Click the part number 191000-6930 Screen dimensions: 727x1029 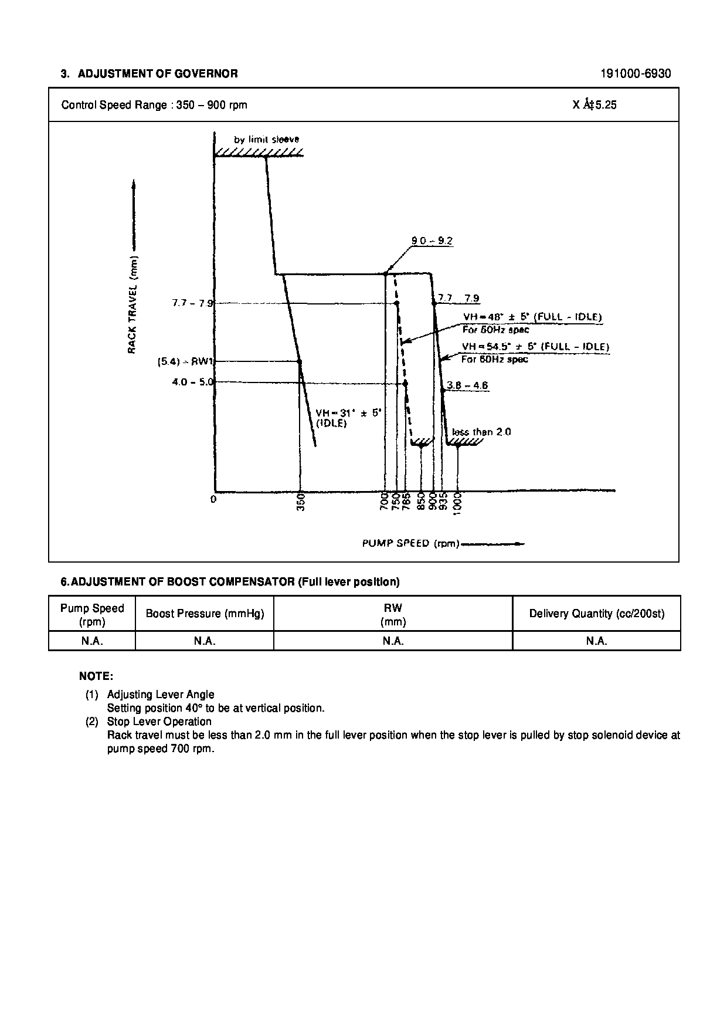click(x=636, y=74)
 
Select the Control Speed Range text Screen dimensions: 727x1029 click(x=154, y=105)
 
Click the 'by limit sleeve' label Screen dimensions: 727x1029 click(x=267, y=140)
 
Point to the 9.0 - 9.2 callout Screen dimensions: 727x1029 click(x=432, y=241)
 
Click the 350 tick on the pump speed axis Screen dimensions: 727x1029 click(x=301, y=503)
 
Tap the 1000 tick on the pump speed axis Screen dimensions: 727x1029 click(x=458, y=503)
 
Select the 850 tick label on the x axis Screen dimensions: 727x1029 click(x=421, y=503)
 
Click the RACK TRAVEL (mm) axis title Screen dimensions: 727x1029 click(x=133, y=304)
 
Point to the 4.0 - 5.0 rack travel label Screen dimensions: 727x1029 click(x=192, y=382)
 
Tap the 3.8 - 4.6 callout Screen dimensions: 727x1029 click(x=467, y=385)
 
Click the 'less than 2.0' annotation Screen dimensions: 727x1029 click(x=481, y=432)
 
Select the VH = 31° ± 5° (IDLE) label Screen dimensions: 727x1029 click(x=349, y=418)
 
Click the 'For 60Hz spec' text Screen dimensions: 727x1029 click(x=494, y=359)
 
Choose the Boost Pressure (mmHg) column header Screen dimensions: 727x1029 click(x=205, y=614)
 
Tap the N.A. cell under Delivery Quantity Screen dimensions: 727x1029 click(x=596, y=641)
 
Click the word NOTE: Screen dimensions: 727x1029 click(x=96, y=676)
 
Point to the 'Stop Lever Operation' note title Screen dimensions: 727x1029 click(x=159, y=722)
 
